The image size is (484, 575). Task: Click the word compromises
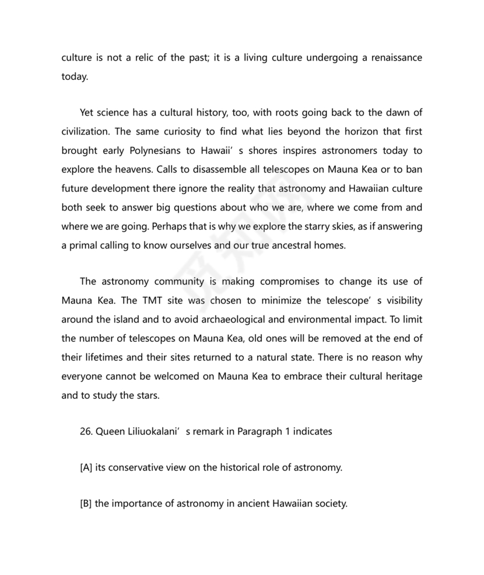click(x=289, y=282)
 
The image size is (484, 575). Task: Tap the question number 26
click(x=86, y=432)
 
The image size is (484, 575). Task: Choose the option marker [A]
click(x=86, y=468)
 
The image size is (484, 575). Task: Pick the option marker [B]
click(x=86, y=504)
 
